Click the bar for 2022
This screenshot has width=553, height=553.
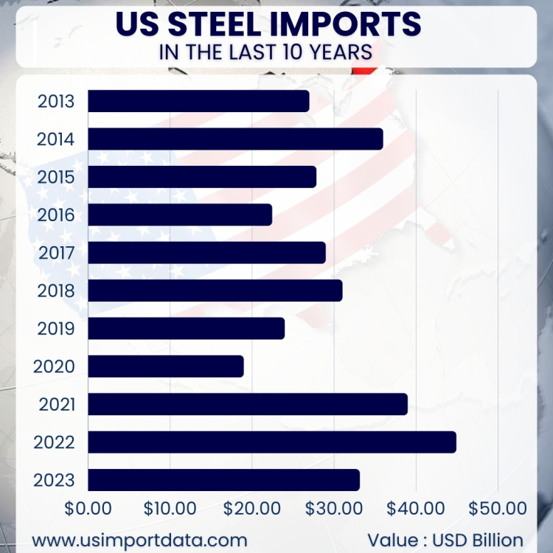[x=271, y=442]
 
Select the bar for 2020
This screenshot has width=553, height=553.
[x=165, y=366]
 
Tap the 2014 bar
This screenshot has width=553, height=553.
[x=235, y=139]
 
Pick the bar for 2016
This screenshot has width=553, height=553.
[x=179, y=215]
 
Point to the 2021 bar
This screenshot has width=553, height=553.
[x=247, y=404]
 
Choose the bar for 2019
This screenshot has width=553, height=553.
[x=186, y=328]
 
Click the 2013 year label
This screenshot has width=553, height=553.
[x=56, y=101]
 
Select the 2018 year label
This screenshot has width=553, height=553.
[x=56, y=291]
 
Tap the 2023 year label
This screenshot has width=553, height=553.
[x=55, y=480]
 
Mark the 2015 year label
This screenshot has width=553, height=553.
[x=56, y=177]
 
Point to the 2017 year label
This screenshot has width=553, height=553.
[x=56, y=253]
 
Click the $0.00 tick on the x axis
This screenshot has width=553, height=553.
[x=88, y=508]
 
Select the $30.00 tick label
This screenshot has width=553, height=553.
[x=334, y=508]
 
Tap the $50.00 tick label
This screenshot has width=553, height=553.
[x=498, y=508]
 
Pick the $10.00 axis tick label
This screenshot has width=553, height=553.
[x=170, y=508]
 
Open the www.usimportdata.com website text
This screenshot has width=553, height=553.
[x=139, y=539]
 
